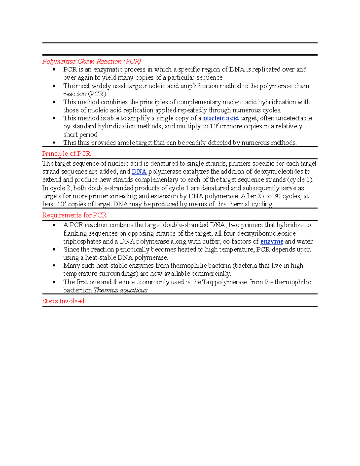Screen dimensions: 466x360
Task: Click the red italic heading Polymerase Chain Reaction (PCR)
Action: click(x=91, y=62)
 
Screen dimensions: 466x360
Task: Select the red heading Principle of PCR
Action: click(x=66, y=154)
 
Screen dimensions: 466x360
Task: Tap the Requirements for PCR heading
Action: click(x=74, y=215)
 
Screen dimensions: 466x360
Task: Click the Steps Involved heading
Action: click(x=63, y=301)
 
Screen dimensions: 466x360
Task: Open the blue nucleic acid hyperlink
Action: click(x=221, y=118)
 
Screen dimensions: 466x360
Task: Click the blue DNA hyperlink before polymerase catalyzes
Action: click(x=139, y=172)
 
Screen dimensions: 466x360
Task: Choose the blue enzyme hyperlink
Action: click(x=272, y=242)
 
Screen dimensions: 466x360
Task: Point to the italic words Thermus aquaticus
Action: click(x=121, y=290)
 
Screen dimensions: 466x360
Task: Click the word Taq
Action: click(x=208, y=282)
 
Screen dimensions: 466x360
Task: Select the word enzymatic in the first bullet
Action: click(x=108, y=70)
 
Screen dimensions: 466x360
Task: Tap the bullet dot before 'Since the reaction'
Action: click(x=54, y=250)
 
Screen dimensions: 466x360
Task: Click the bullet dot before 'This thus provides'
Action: click(x=54, y=143)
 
